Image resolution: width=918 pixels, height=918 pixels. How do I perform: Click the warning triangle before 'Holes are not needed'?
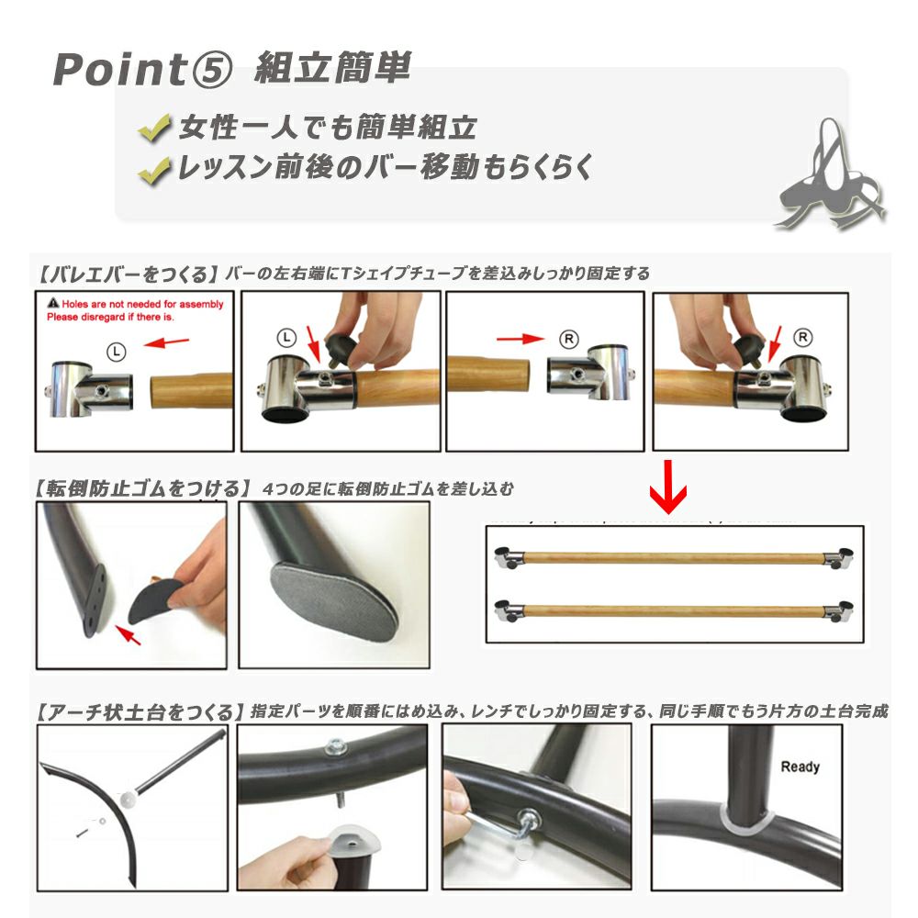pos(53,303)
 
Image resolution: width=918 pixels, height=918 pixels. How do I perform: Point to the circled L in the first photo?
pos(114,349)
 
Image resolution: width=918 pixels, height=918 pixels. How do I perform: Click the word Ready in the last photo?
pos(799,767)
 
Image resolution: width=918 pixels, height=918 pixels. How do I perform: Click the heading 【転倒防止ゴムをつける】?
pos(142,487)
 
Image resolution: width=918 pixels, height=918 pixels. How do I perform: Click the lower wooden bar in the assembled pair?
pos(675,608)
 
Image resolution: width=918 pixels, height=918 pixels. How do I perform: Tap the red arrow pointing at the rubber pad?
pos(129,633)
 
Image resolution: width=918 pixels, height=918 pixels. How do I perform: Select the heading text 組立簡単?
pos(331,67)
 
